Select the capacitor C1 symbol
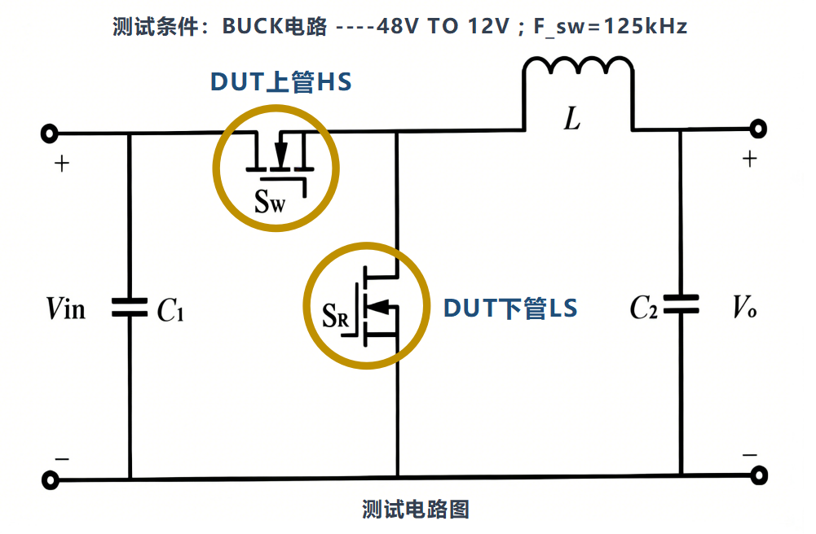tap(130, 308)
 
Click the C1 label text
tap(170, 309)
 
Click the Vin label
tap(66, 309)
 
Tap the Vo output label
tap(743, 307)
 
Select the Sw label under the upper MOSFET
tap(270, 202)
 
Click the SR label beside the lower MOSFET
tap(336, 314)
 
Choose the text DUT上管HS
tap(281, 83)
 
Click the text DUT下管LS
tap(510, 309)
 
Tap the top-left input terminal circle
tap(51, 133)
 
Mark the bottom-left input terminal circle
tap(51, 480)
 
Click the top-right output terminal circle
tap(759, 129)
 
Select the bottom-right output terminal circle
tap(759, 475)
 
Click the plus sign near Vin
tap(62, 164)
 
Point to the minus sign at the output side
tap(750, 455)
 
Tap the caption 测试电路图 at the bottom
tap(415, 510)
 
